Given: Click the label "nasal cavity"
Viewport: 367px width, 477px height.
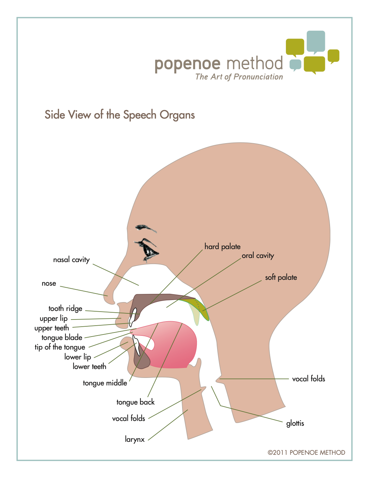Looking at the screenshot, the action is click(x=71, y=260).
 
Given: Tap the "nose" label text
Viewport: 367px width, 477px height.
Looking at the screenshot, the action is click(x=49, y=283).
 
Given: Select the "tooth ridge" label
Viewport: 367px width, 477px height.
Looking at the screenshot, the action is click(x=65, y=309).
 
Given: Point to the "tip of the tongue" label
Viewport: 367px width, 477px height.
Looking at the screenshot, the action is click(x=60, y=347).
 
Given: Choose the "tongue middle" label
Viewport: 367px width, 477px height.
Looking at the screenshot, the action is click(x=105, y=383).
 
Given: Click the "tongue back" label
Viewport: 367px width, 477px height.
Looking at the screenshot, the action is click(x=135, y=402).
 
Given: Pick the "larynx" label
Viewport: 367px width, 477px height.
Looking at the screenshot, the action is click(x=135, y=439).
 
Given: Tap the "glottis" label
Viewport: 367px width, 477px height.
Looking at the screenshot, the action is click(x=295, y=423).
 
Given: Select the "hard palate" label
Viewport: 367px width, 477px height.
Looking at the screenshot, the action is click(x=222, y=246).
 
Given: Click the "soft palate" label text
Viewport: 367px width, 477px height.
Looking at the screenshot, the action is click(x=281, y=277).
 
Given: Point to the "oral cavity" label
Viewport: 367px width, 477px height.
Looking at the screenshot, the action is click(x=257, y=256).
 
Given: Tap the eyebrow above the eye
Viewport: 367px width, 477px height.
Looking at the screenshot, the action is click(x=145, y=228).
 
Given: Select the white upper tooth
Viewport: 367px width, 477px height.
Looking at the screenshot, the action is click(x=132, y=316).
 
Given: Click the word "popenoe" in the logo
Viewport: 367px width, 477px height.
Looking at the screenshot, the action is click(x=187, y=64).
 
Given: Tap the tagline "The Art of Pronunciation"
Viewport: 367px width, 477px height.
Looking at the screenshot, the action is click(x=239, y=77).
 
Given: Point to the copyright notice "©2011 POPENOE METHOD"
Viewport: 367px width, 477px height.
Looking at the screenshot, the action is click(x=306, y=452).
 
